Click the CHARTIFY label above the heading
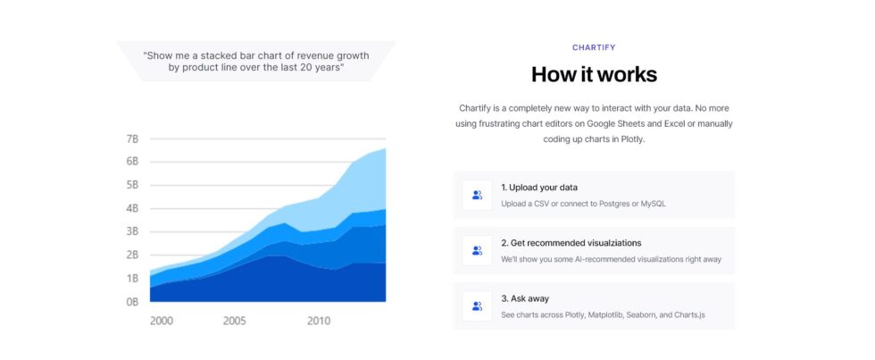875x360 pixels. click(x=594, y=47)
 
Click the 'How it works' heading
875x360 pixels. click(x=594, y=74)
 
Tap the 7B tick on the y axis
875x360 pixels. click(x=132, y=139)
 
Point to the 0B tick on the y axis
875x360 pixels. click(x=132, y=302)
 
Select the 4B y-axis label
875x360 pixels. click(x=132, y=209)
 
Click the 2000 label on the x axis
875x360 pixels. click(x=162, y=321)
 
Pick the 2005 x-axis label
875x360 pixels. click(x=235, y=321)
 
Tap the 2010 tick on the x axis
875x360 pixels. click(x=319, y=321)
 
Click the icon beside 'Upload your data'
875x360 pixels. click(x=477, y=195)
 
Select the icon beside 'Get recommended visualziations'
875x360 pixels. click(x=477, y=250)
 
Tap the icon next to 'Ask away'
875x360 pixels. click(x=477, y=306)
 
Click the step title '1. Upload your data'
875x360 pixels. click(x=539, y=188)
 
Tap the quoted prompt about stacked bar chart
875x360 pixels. click(x=256, y=61)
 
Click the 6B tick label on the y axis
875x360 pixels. click(x=132, y=162)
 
